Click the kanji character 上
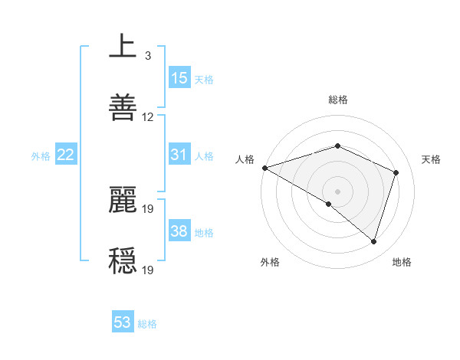coord(123,46)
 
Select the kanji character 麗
coord(123,199)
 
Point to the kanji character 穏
coord(123,259)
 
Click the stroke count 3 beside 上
coord(147,56)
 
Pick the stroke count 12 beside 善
coord(148,117)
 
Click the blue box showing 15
coord(179,78)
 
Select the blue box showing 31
coord(179,155)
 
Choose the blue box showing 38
coord(179,231)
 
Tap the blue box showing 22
coord(66,155)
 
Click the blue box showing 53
coord(123,322)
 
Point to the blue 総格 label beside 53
coord(147,324)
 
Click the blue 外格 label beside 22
coord(41,156)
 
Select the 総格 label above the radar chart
coord(337,100)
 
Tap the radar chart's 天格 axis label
coord(431,159)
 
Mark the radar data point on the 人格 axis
coord(264,168)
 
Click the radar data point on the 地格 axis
coord(373,241)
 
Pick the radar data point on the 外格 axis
coord(329,204)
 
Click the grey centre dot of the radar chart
coord(337,191)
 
